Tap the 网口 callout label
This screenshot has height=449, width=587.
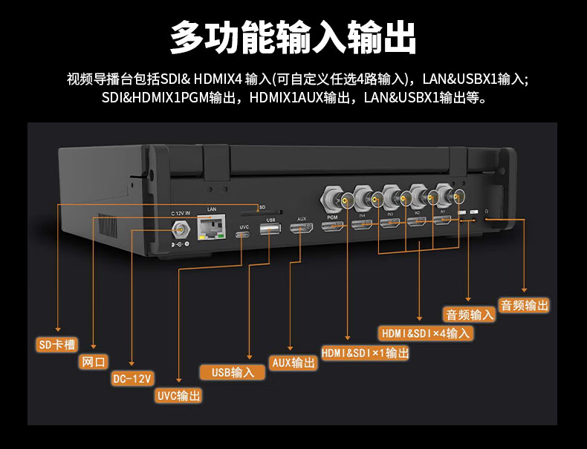(x=93, y=362)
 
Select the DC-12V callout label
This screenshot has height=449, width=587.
(x=132, y=378)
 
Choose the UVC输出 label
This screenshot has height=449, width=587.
(x=178, y=396)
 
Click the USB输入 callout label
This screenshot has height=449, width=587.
(x=233, y=373)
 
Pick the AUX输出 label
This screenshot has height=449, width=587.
(x=293, y=363)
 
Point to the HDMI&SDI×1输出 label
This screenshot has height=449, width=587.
(x=365, y=353)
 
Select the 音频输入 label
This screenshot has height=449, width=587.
(x=469, y=314)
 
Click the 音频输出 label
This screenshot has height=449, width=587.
(x=525, y=305)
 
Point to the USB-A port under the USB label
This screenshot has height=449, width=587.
(x=270, y=232)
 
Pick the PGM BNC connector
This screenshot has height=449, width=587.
(x=332, y=199)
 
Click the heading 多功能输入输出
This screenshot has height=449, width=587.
(x=293, y=37)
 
